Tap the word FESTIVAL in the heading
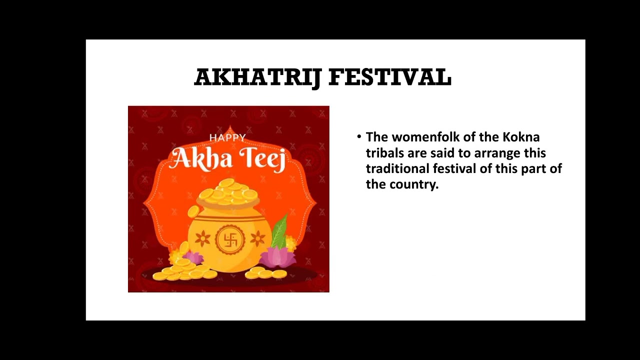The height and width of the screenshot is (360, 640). click(390, 77)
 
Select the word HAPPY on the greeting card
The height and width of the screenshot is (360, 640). click(227, 137)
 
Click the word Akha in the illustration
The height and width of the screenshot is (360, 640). click(200, 158)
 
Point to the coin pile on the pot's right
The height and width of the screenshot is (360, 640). click(265, 273)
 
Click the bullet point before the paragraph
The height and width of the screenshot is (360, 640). click(359, 136)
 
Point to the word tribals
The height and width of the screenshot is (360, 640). click(384, 153)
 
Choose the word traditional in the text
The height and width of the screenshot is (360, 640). click(397, 168)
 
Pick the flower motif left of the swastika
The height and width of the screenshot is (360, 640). click(202, 238)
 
